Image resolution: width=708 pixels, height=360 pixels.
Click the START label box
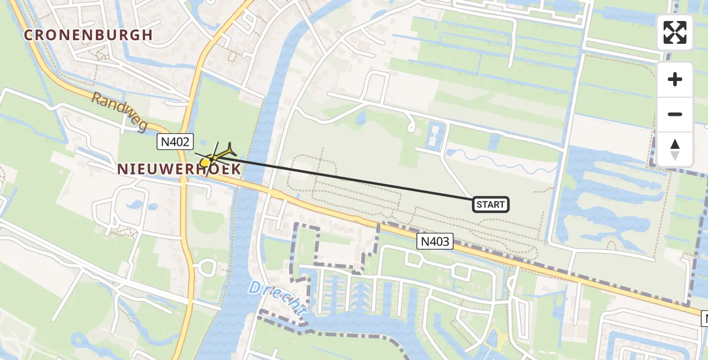[491, 205]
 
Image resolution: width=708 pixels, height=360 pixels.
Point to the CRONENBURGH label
[88, 35]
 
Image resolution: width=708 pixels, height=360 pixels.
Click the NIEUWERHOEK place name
[179, 169]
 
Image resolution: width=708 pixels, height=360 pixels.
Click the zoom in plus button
[675, 79]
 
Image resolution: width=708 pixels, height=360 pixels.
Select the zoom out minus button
[675, 114]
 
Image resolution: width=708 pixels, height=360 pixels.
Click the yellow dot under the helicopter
[205, 162]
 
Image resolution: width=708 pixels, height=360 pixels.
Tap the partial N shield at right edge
[704, 319]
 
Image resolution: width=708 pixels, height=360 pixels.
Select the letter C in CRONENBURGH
[28, 35]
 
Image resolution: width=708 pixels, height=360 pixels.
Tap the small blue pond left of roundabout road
[135, 204]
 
